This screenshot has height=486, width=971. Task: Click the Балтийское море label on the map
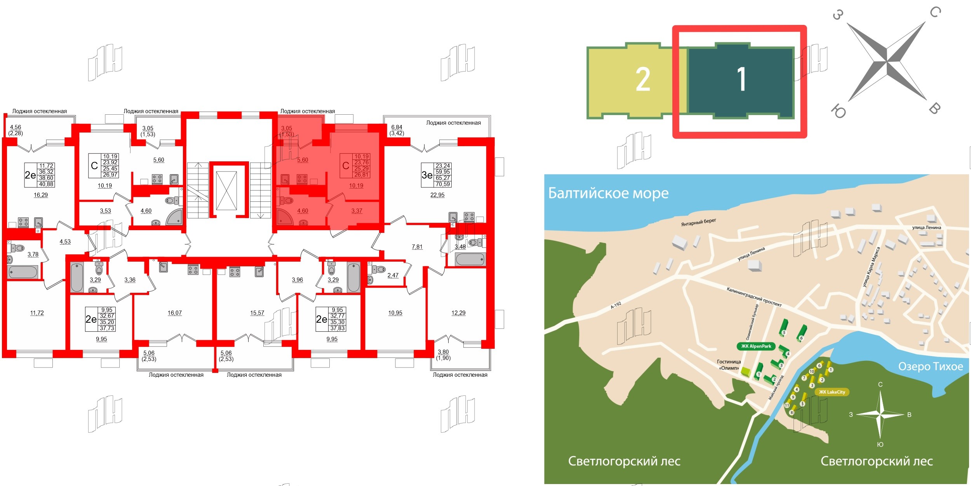608,193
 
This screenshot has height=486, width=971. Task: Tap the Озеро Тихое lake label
930,366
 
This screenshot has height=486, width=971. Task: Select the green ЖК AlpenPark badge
756,346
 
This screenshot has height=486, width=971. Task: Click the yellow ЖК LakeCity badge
832,392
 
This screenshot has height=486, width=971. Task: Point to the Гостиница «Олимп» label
729,365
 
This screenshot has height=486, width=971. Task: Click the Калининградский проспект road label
754,297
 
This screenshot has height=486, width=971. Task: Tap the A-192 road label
616,305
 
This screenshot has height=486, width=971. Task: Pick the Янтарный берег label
698,222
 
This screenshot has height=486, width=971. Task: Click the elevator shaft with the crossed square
226,191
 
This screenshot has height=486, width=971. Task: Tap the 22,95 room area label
437,195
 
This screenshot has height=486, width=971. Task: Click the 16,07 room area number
174,313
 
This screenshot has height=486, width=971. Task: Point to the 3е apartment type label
427,175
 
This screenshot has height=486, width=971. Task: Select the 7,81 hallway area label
417,246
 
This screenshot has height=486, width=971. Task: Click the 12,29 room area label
458,313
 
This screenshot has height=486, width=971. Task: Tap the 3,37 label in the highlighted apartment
357,211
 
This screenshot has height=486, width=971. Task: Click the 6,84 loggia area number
397,127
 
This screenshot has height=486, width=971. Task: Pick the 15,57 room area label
257,313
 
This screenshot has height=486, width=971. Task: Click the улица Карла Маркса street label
871,267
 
